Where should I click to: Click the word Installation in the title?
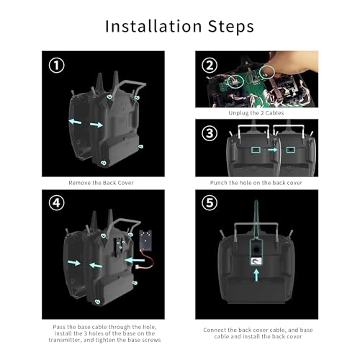tap(153, 26)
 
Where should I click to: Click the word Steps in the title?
tap(231, 27)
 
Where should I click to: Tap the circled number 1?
tap(57, 66)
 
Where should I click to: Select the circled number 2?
tap(210, 66)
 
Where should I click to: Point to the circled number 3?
tap(210, 133)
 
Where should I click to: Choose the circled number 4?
tap(57, 203)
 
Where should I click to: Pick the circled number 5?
tap(210, 203)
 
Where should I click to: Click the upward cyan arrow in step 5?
tap(256, 275)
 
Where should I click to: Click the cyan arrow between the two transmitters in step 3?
tap(272, 150)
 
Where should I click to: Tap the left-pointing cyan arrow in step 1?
tap(75, 122)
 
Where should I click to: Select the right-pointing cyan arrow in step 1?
tap(96, 125)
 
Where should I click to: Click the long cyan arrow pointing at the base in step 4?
tap(135, 260)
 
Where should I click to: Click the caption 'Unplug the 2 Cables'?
tap(256, 113)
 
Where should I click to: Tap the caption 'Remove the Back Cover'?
tap(101, 183)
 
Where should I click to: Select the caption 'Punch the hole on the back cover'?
tap(256, 183)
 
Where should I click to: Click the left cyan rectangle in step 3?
tap(256, 150)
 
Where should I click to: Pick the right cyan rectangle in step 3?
tap(291, 150)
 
